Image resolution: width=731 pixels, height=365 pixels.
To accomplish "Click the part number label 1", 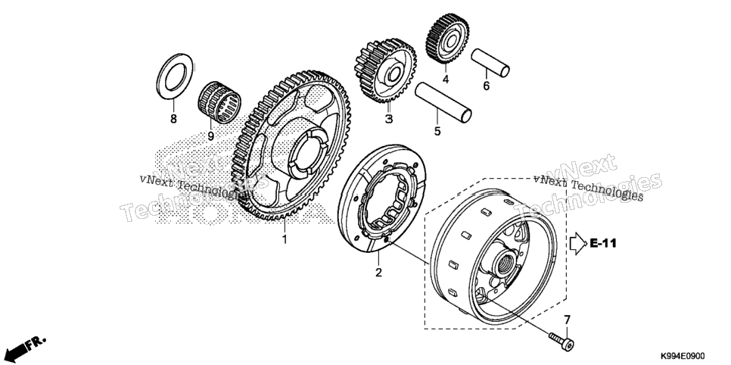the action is tap(284, 239).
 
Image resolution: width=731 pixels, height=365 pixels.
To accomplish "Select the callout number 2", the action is tap(378, 272).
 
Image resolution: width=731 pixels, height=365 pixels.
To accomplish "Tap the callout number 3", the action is tap(389, 119).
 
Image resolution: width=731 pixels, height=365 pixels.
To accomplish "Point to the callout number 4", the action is tap(446, 80).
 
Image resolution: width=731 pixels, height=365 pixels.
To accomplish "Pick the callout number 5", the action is tap(437, 131).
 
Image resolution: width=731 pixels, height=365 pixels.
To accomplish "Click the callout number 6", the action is tap(487, 86).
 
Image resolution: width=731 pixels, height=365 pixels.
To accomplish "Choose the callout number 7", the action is tap(567, 320).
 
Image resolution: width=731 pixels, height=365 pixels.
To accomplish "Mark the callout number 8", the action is tap(173, 119).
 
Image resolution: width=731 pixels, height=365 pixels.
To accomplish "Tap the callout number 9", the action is tap(210, 136).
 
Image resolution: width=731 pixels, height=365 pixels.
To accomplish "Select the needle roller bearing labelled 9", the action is tap(219, 102).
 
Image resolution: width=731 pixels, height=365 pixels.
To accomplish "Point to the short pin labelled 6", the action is tap(490, 63).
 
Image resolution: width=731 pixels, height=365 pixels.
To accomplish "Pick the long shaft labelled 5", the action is tap(443, 102).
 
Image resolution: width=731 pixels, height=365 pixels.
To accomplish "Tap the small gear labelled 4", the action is tap(447, 39).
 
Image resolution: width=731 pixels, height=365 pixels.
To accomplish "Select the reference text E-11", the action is tap(603, 243).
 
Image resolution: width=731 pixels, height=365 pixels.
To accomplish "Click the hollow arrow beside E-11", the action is tap(578, 243).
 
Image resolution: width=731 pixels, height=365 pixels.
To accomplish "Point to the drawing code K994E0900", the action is tap(682, 356).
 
